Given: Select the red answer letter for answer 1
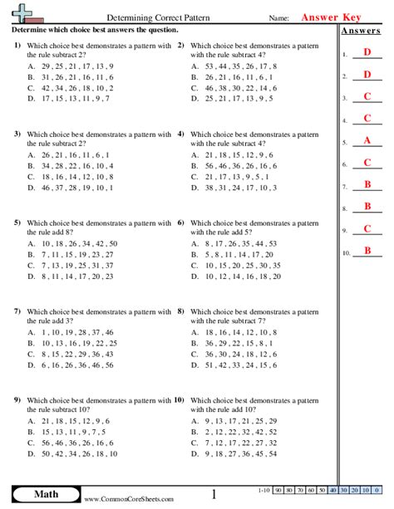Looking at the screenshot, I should pyautogui.click(x=367, y=53).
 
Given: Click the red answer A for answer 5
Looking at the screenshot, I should pyautogui.click(x=367, y=140).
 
